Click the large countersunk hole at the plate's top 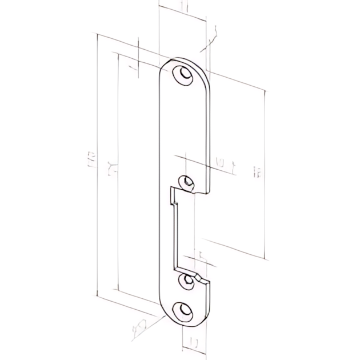[x=185, y=75]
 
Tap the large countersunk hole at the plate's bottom [x=185, y=311]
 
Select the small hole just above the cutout [x=187, y=182]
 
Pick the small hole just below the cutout [x=186, y=280]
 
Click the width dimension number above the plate [x=182, y=7]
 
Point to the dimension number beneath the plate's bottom [x=194, y=343]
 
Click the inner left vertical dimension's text [x=113, y=168]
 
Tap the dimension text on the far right [x=258, y=172]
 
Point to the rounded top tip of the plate [x=183, y=59]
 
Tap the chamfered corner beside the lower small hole [x=199, y=278]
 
